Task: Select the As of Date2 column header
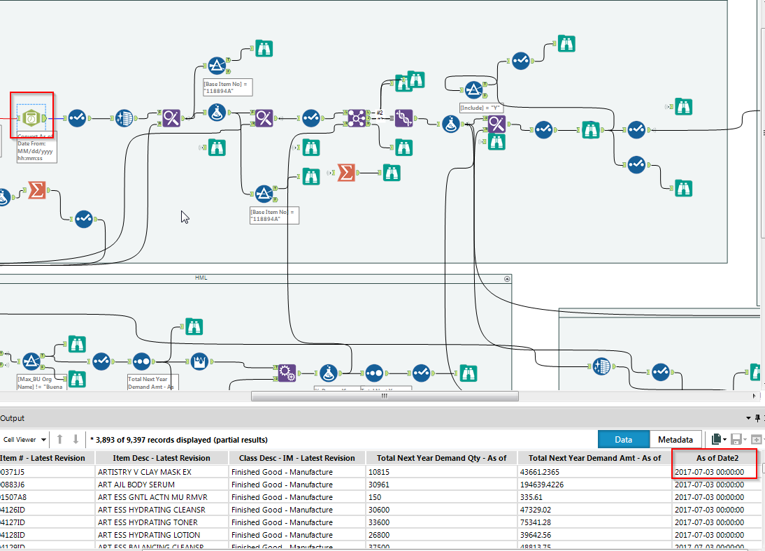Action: pos(715,458)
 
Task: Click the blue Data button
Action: pos(623,439)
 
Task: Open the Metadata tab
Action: pos(675,439)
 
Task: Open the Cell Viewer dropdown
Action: pos(24,440)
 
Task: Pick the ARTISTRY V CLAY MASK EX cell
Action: pos(144,472)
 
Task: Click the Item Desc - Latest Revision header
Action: pos(162,458)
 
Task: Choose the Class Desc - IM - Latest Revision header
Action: pos(297,458)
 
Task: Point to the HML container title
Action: pos(201,278)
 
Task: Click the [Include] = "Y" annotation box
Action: pos(481,108)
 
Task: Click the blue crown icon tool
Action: pos(199,362)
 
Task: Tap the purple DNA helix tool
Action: pos(403,117)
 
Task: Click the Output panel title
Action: pos(13,418)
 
